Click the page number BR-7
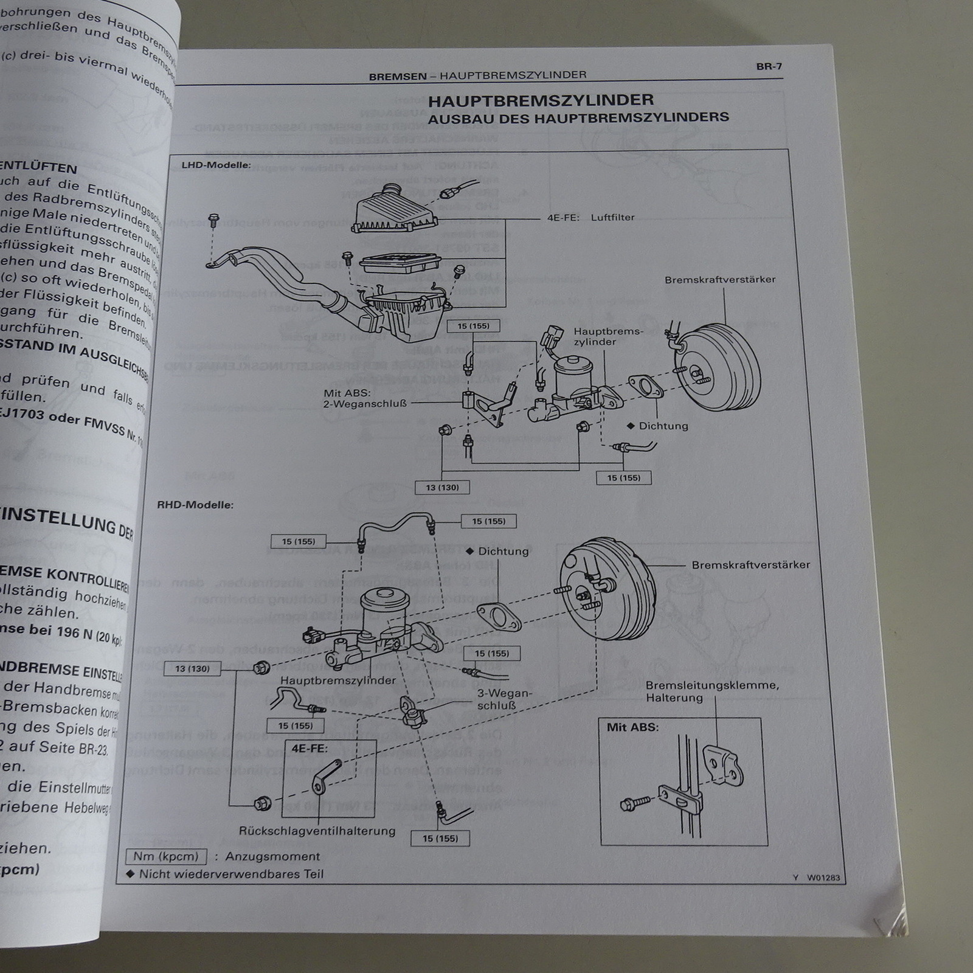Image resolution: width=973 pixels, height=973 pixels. point(769,66)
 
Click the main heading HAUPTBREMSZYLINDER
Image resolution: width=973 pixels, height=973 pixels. point(541,100)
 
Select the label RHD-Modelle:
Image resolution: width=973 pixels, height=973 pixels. point(195,505)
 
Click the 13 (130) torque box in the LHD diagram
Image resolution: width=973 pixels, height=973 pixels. point(442,487)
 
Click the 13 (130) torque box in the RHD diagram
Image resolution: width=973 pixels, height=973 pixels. point(192,668)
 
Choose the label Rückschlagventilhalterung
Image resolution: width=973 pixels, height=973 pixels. point(317,831)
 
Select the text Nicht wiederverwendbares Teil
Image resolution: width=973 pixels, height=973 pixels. point(231,874)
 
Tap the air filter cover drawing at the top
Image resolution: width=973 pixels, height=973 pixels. point(395,209)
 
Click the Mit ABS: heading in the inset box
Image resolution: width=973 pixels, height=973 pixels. point(632,727)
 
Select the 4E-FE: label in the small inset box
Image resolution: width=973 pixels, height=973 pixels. point(309,748)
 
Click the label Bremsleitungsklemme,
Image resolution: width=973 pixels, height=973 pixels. point(712,685)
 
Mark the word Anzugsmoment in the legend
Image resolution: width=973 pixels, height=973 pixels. point(272,856)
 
